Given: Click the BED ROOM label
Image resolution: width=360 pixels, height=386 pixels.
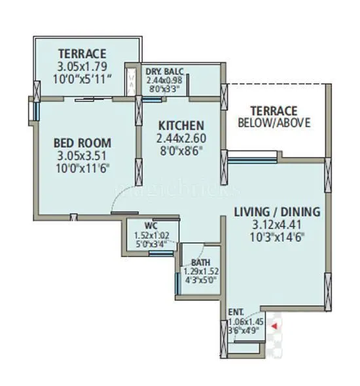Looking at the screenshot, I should pyautogui.click(x=82, y=143).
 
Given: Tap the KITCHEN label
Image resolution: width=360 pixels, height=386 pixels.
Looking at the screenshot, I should pyautogui.click(x=180, y=125).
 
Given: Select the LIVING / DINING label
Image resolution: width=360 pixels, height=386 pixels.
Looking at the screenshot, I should pyautogui.click(x=277, y=211).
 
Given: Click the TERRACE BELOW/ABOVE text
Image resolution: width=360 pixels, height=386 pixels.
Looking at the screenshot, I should pyautogui.click(x=274, y=116).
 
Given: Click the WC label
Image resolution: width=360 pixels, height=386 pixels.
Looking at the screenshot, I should pyautogui.click(x=151, y=226).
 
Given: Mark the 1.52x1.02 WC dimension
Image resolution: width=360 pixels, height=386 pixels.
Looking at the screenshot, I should pyautogui.click(x=151, y=235).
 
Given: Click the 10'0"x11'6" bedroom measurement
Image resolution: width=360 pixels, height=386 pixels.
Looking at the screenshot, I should pyautogui.click(x=82, y=167).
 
